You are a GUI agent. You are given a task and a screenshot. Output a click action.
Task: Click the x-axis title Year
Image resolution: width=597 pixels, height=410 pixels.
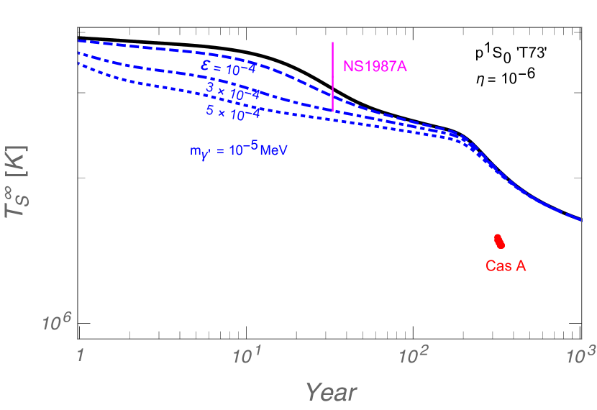point(331,392)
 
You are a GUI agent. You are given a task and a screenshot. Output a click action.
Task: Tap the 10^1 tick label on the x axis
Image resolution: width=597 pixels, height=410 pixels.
point(247,353)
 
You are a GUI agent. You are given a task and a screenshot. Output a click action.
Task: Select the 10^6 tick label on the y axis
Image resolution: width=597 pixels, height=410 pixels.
point(57,323)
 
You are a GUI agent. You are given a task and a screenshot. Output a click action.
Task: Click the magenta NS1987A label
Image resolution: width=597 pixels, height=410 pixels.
point(375,66)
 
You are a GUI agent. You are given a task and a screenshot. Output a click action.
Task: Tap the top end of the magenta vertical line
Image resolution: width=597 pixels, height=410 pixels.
point(332,42)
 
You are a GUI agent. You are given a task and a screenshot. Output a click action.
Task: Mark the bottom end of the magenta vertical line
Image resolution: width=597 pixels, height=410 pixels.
point(332,111)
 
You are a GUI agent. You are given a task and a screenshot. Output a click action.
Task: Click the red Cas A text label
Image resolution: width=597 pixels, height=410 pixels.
point(506,266)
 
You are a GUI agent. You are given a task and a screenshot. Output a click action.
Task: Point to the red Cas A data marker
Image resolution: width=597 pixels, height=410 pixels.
point(499,241)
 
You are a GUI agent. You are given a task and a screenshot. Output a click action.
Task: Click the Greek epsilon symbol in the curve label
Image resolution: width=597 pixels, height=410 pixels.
point(206,66)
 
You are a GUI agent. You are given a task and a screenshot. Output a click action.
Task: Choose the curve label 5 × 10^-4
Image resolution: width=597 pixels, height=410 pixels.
point(232,112)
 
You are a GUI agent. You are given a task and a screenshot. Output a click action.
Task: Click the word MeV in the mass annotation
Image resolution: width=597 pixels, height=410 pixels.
point(274,151)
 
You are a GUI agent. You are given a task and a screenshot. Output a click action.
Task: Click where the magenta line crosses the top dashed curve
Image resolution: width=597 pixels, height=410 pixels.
point(332,96)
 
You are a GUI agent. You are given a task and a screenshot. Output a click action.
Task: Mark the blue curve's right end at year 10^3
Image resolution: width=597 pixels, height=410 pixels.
point(580,219)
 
